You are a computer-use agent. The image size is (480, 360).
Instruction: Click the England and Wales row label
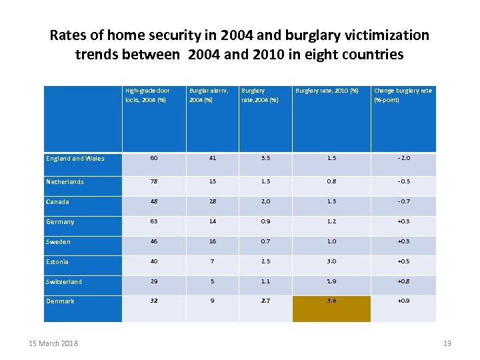(x=75, y=159)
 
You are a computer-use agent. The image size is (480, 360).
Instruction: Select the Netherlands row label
(x=65, y=182)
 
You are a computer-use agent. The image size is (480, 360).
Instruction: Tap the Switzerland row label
(x=64, y=282)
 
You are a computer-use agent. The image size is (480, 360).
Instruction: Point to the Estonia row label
(x=57, y=262)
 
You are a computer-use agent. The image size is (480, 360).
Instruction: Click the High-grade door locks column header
(x=147, y=95)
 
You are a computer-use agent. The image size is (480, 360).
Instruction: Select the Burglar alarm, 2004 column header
(x=209, y=95)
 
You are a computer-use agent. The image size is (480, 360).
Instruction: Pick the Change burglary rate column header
(x=403, y=95)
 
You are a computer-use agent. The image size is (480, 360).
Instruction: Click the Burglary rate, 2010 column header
(x=327, y=91)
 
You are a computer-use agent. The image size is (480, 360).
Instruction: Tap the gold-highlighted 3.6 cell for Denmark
(x=331, y=301)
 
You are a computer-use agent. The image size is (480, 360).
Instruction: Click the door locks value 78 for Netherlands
(x=154, y=182)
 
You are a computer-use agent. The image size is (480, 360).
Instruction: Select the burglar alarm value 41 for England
(x=212, y=159)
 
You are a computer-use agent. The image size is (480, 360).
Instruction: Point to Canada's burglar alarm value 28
(x=212, y=202)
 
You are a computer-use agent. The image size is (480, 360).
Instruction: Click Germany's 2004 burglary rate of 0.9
(x=266, y=222)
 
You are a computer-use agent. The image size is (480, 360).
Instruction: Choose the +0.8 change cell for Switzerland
(x=403, y=282)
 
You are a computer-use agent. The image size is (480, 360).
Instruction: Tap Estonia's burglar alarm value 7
(x=212, y=262)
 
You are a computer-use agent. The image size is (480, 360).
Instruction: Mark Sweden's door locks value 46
(x=154, y=242)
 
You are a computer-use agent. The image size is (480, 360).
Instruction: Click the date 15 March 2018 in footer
(x=54, y=343)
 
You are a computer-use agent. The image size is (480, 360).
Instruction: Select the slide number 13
(x=447, y=343)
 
